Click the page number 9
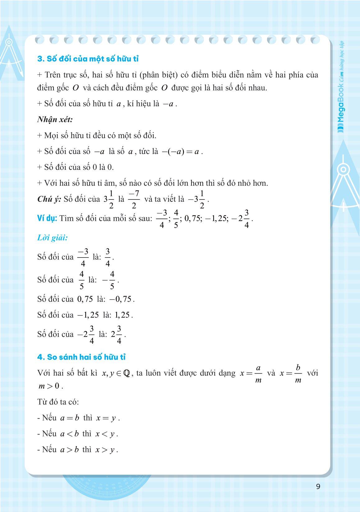[x=318, y=486]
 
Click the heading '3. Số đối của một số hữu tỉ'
[x=88, y=59]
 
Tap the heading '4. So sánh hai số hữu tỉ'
[x=81, y=357]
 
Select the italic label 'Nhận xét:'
[x=55, y=119]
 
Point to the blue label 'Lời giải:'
[x=52, y=238]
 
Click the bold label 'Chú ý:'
[x=49, y=199]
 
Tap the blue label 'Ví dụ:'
[x=47, y=218]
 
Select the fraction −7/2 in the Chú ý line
[x=134, y=199]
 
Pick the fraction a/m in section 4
[x=258, y=374]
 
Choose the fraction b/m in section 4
[x=298, y=374]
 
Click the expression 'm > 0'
[x=49, y=386]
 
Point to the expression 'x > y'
[x=106, y=450]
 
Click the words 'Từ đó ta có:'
[x=58, y=402]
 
